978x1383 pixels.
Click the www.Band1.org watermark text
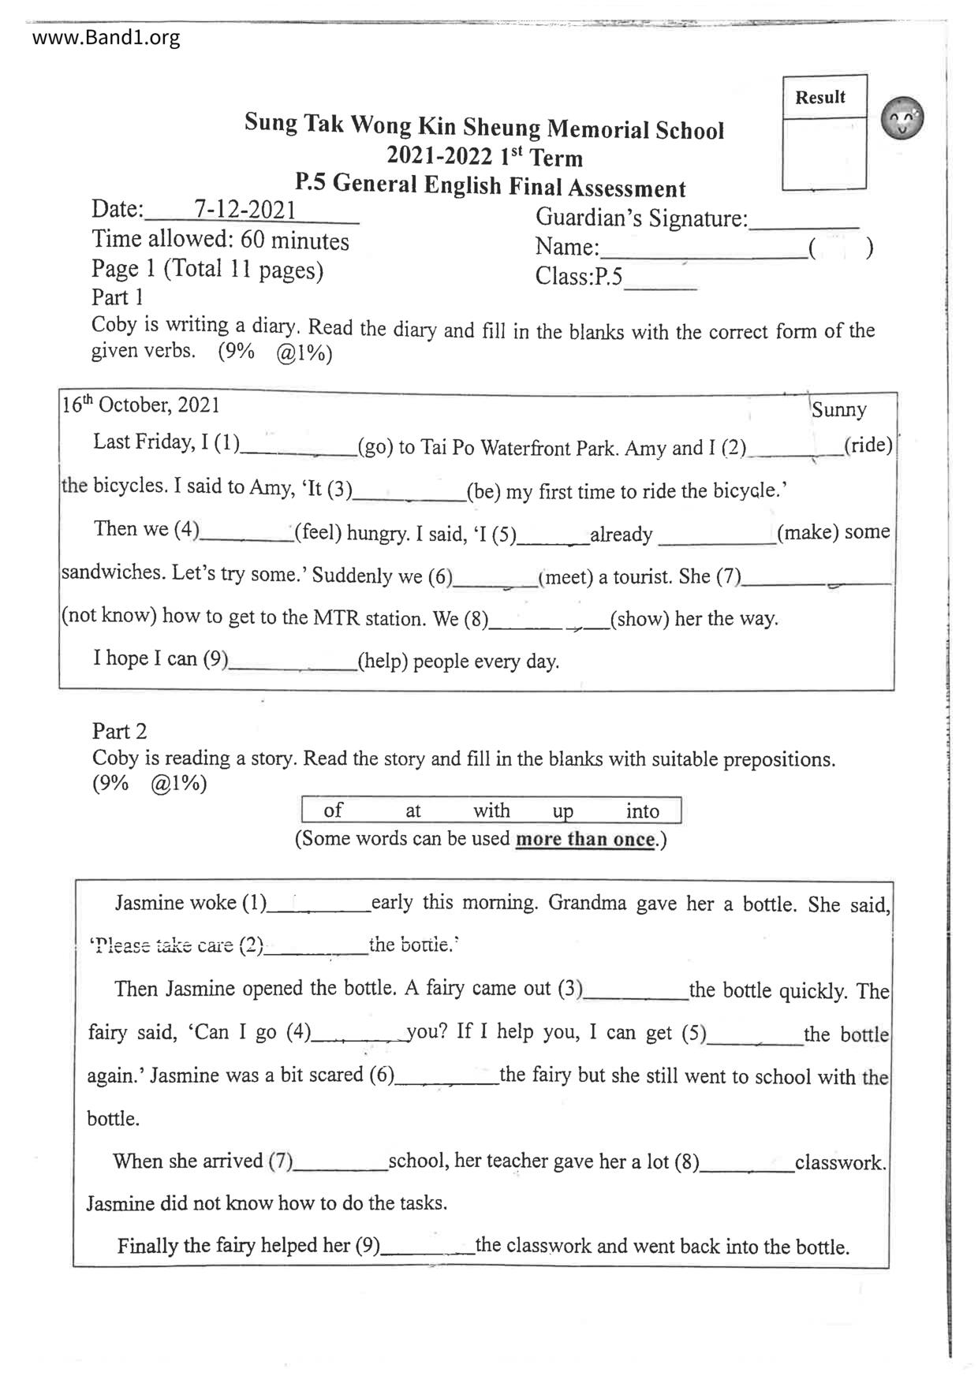click(106, 37)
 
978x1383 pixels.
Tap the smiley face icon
click(902, 118)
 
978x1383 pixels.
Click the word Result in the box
click(819, 97)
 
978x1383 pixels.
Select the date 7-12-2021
click(244, 209)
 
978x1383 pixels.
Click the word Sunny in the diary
click(838, 410)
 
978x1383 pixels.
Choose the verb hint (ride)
click(868, 445)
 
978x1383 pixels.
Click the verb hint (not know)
click(109, 616)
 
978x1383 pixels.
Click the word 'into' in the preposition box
click(642, 811)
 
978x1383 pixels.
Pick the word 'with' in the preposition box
click(491, 811)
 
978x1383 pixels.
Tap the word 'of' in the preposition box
click(333, 810)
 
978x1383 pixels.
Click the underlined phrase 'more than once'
click(584, 839)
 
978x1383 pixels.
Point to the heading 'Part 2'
click(119, 731)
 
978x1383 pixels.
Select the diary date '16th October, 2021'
click(140, 405)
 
